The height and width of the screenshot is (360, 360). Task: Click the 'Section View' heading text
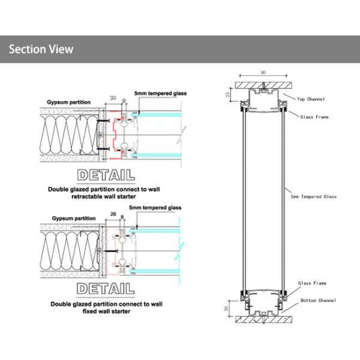pyautogui.click(x=41, y=49)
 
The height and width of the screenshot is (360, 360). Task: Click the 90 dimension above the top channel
pyautogui.click(x=263, y=73)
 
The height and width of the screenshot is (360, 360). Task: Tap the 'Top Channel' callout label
pyautogui.click(x=311, y=97)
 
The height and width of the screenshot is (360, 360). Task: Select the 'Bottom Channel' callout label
pyautogui.click(x=317, y=300)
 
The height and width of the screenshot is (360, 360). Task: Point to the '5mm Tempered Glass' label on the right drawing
pyautogui.click(x=313, y=196)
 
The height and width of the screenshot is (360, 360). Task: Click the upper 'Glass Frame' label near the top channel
pyautogui.click(x=314, y=117)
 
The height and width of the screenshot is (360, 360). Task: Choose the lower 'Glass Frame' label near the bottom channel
pyautogui.click(x=312, y=283)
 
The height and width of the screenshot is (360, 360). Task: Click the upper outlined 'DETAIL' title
pyautogui.click(x=106, y=176)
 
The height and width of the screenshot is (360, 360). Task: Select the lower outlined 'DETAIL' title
pyautogui.click(x=106, y=288)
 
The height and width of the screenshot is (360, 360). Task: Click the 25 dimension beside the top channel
pyautogui.click(x=227, y=94)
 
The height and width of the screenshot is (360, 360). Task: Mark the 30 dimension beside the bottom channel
pyautogui.click(x=226, y=309)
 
